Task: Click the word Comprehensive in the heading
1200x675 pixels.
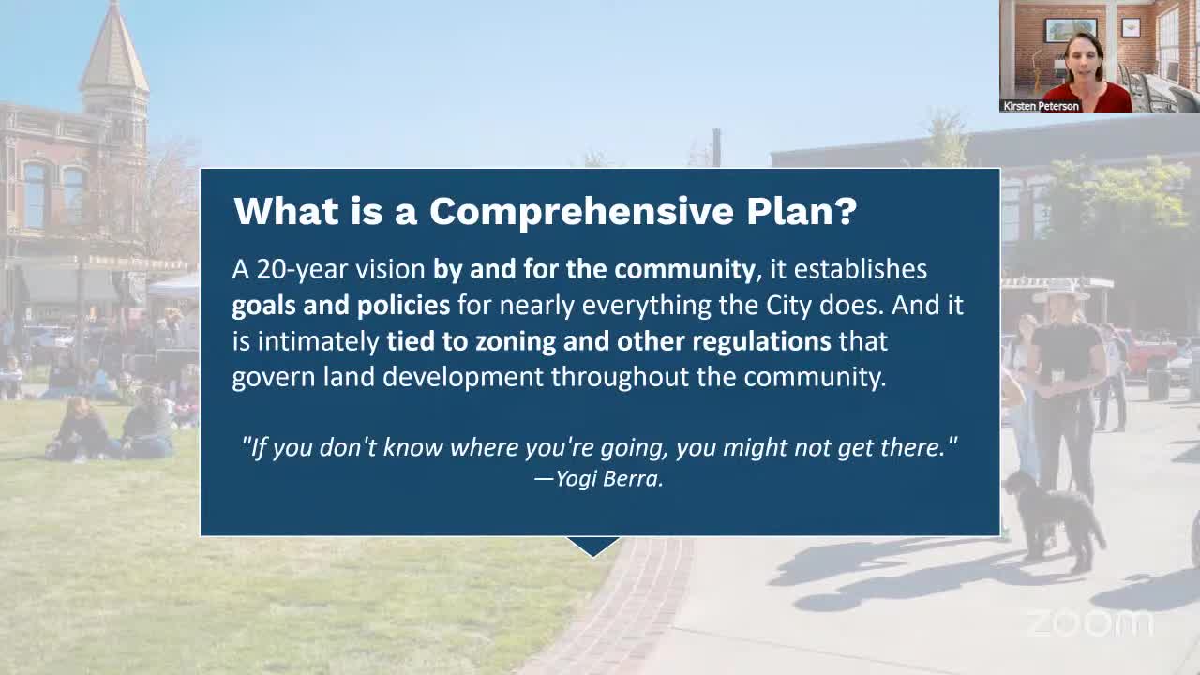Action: [580, 212]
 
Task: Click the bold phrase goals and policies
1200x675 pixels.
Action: [340, 306]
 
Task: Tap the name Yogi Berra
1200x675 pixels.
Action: [609, 479]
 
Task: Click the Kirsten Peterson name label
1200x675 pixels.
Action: [1041, 106]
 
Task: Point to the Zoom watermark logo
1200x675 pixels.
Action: [1089, 623]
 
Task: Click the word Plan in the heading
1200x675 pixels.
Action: [790, 212]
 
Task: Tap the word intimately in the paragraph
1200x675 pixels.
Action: [318, 342]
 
